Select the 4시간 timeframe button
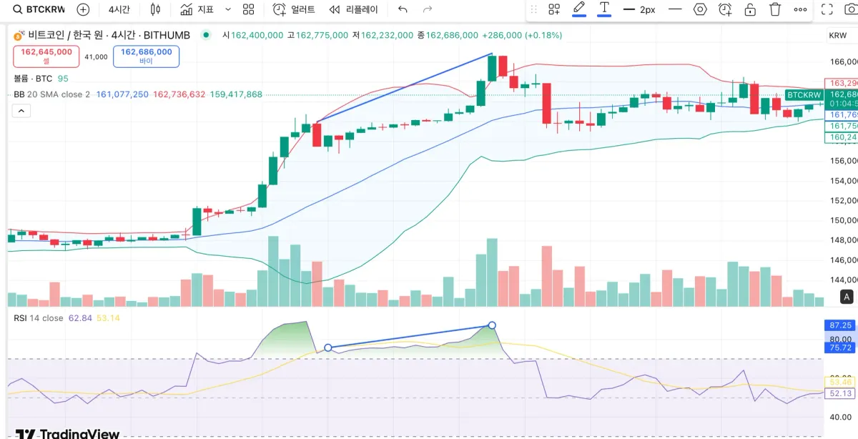tap(119, 9)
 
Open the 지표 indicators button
tap(197, 9)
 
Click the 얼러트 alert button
tap(294, 9)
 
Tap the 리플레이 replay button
tap(354, 9)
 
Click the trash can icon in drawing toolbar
tap(775, 9)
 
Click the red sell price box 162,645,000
tap(46, 56)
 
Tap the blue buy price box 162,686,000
tap(146, 56)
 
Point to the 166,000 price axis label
tap(842, 61)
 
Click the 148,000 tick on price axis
tap(842, 240)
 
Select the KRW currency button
tap(837, 36)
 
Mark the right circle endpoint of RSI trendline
tap(492, 325)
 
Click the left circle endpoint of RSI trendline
tap(328, 348)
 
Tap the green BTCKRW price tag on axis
tap(803, 95)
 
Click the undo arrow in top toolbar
tap(403, 9)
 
